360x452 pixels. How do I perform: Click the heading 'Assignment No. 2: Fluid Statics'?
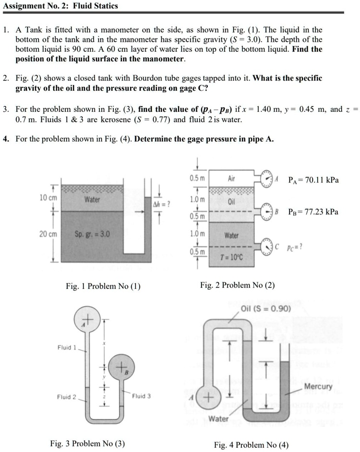point(60,6)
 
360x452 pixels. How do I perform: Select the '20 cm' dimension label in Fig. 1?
point(48,234)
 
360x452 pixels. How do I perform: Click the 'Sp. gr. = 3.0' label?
point(92,235)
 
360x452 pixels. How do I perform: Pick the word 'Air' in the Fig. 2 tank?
point(231,178)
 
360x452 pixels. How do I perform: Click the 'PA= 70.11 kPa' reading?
point(313,180)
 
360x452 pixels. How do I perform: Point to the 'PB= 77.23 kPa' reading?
point(313,212)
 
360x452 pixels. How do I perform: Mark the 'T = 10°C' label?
point(231,257)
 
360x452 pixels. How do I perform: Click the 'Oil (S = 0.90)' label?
point(265,309)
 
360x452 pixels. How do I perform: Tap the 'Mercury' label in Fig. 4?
point(318,386)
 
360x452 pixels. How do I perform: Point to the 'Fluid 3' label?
point(142,396)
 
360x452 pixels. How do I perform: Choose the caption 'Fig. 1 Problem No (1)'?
point(103,286)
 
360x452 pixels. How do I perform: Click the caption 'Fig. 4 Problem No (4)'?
point(251,444)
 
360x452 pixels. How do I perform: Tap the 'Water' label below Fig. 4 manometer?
point(218,418)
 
